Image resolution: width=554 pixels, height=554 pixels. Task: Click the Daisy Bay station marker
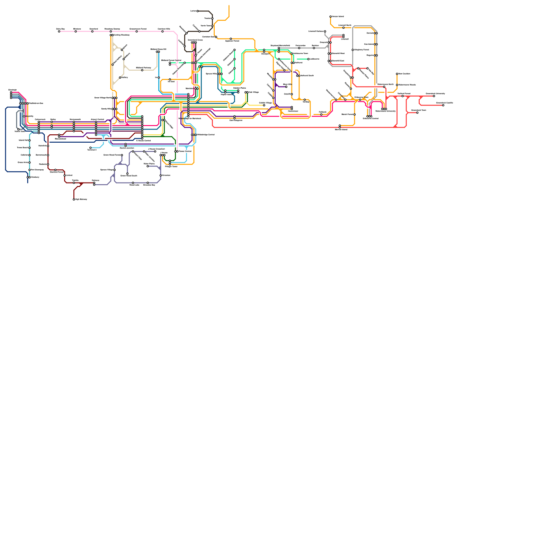coord(59,32)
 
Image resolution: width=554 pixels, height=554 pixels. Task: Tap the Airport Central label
coord(97,119)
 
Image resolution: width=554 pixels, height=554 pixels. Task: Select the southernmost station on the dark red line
coord(74,199)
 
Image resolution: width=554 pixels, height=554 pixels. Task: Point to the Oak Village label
coord(254,92)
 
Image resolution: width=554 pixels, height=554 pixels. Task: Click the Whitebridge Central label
coord(206,135)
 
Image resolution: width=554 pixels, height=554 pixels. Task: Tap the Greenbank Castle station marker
coord(443,105)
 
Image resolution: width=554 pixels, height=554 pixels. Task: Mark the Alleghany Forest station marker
coord(353,50)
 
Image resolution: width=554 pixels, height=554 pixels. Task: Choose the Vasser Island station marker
coord(331,17)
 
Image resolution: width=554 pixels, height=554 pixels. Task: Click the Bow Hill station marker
coord(286,87)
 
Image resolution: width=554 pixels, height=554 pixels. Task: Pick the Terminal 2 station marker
coord(90,148)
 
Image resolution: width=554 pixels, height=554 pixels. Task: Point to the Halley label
coord(125,78)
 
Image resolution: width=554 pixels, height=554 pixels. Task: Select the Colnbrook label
coord(40,119)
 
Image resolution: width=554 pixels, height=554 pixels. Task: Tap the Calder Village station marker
coord(264,105)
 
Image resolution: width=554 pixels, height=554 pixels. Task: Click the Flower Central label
coord(185,151)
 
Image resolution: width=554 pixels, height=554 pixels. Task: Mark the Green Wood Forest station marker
coord(122,155)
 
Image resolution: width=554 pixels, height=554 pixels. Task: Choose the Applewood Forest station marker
coord(231,39)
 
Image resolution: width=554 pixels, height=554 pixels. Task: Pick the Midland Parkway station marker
coord(142,70)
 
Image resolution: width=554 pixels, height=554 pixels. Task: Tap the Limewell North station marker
coord(343,28)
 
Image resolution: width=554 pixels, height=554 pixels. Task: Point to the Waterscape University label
coord(385,111)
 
